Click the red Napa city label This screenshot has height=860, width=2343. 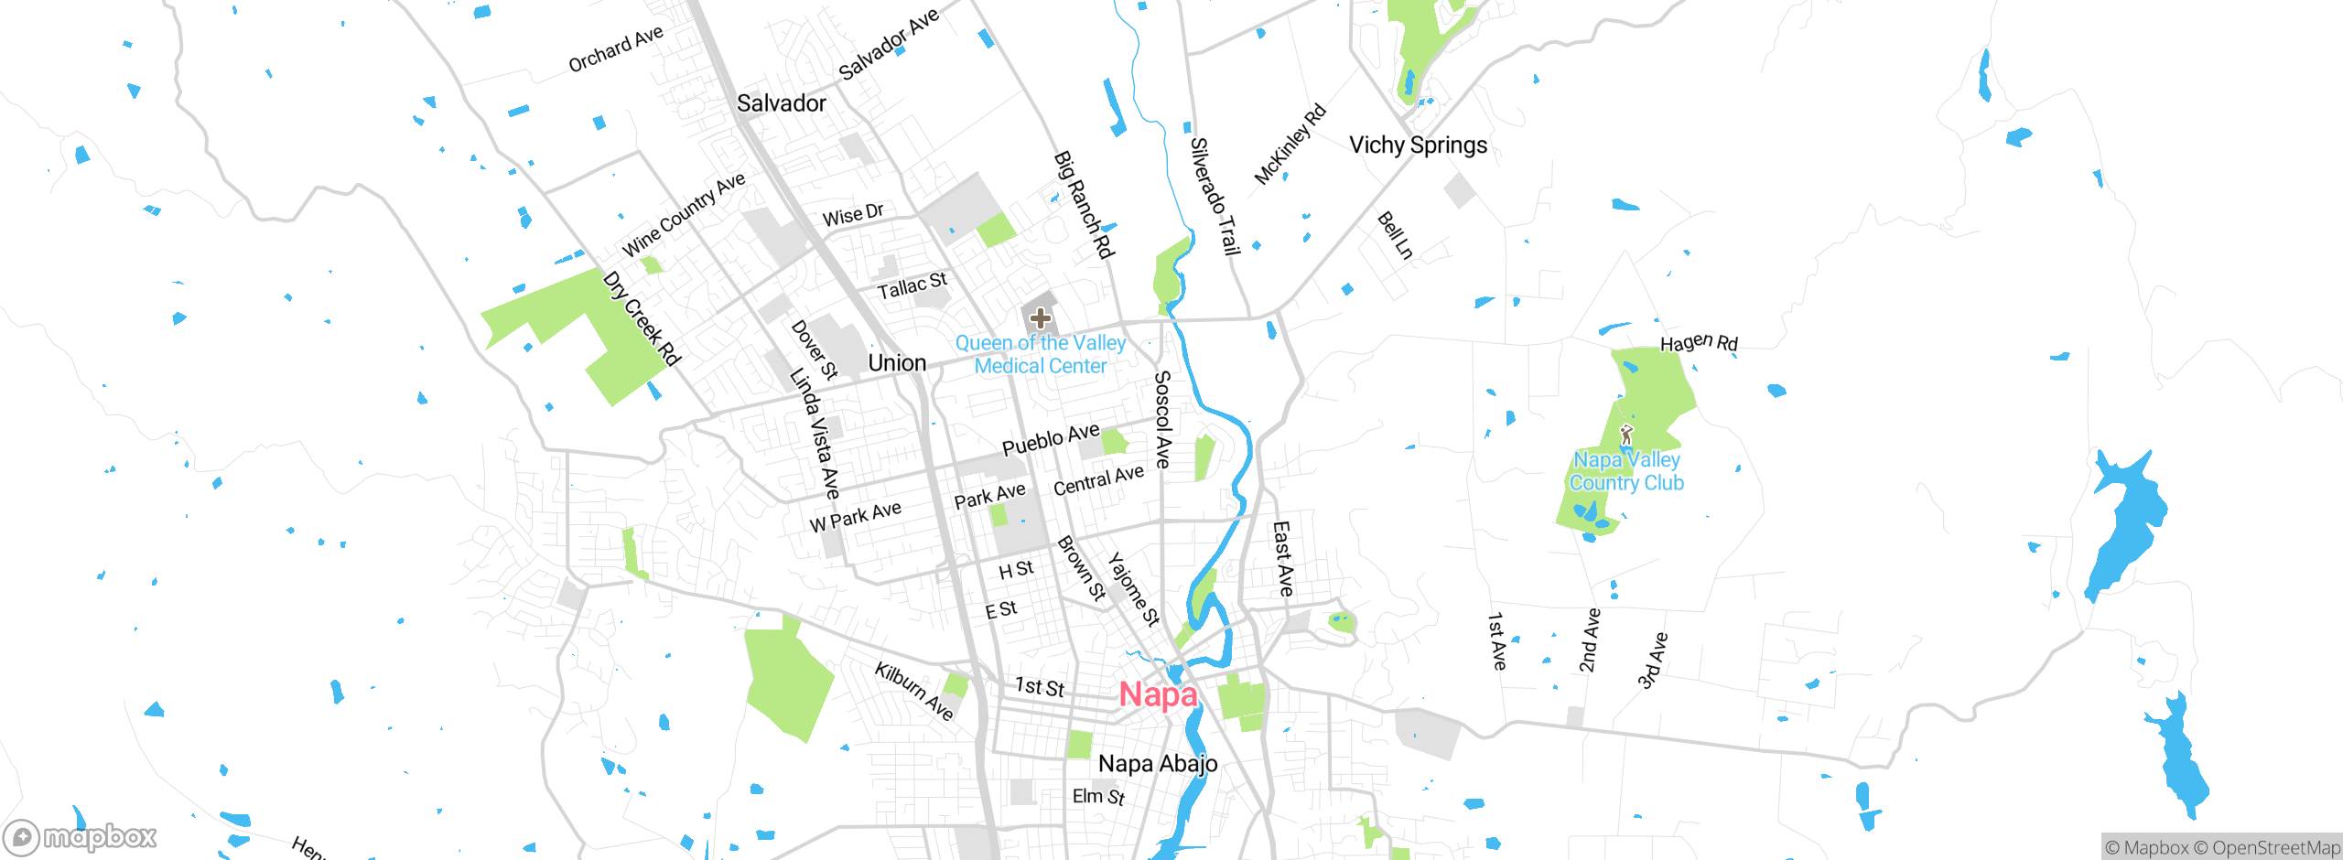click(1158, 695)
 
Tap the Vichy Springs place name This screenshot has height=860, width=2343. click(1418, 145)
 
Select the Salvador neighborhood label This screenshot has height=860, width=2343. click(781, 103)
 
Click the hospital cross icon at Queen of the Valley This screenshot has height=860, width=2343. click(1040, 318)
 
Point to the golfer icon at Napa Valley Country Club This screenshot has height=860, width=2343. click(1626, 435)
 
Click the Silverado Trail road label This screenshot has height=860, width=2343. click(1215, 196)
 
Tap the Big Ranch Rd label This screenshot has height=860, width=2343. click(1084, 205)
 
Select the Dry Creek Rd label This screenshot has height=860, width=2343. click(642, 318)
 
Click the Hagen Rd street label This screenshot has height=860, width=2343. click(1699, 343)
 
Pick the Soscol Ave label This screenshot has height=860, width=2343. click(1162, 419)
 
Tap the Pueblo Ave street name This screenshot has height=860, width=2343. click(1051, 440)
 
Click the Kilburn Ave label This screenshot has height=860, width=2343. click(913, 691)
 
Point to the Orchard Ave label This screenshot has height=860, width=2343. click(615, 49)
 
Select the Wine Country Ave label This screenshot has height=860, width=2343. click(683, 215)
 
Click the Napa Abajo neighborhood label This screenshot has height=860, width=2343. click(1158, 764)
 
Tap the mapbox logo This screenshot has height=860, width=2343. click(81, 836)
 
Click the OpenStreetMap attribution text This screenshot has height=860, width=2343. click(2273, 848)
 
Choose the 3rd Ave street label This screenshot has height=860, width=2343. click(1653, 660)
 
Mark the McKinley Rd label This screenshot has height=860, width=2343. click(1290, 145)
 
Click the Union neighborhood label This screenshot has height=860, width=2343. click(897, 363)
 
